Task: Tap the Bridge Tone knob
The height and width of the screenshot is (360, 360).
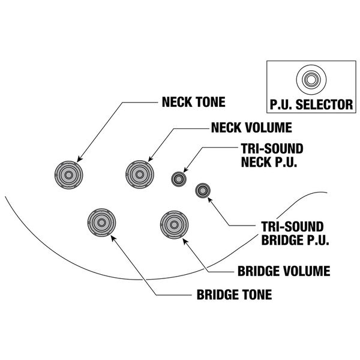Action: pyautogui.click(x=101, y=223)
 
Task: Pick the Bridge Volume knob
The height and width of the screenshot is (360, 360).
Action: pyautogui.click(x=173, y=223)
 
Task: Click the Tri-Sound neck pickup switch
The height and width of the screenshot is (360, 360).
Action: pyautogui.click(x=179, y=178)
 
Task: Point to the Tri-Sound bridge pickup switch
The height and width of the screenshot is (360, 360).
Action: pyautogui.click(x=202, y=191)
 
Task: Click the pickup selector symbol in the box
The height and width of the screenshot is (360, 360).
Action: pyautogui.click(x=310, y=79)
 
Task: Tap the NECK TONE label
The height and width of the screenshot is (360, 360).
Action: pyautogui.click(x=193, y=102)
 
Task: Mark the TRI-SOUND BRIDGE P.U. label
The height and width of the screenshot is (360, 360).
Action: pyautogui.click(x=293, y=231)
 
